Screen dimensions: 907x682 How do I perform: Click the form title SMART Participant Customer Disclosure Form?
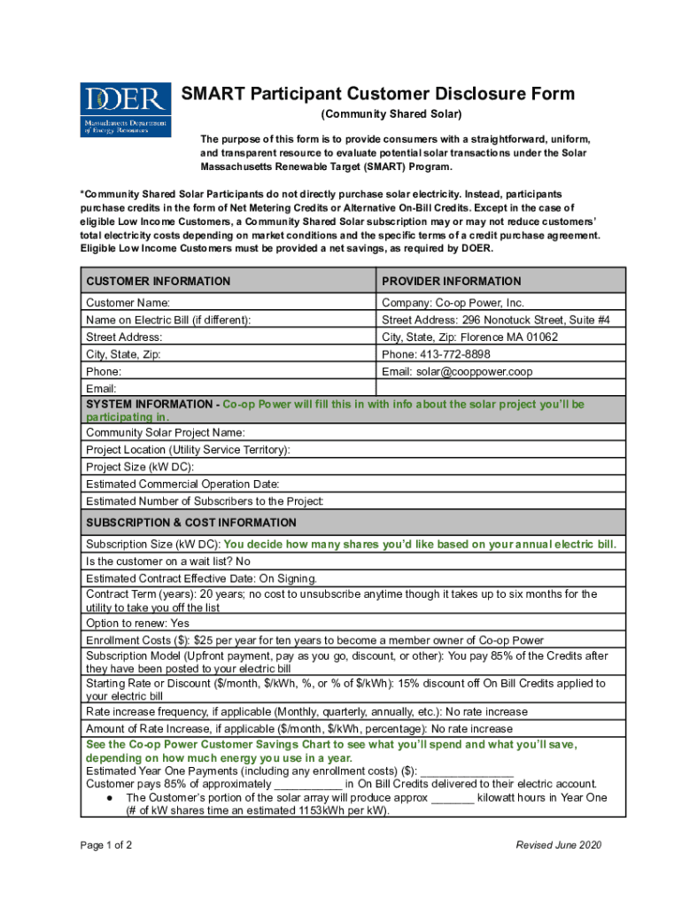(378, 95)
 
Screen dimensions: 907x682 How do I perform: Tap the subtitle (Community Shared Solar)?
(391, 115)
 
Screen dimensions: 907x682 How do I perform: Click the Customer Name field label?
(128, 303)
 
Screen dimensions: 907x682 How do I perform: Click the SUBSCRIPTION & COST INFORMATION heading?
(190, 523)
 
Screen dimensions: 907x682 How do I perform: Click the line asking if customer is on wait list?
(167, 562)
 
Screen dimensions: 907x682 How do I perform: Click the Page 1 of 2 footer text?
(106, 845)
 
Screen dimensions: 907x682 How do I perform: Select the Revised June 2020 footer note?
(558, 845)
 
